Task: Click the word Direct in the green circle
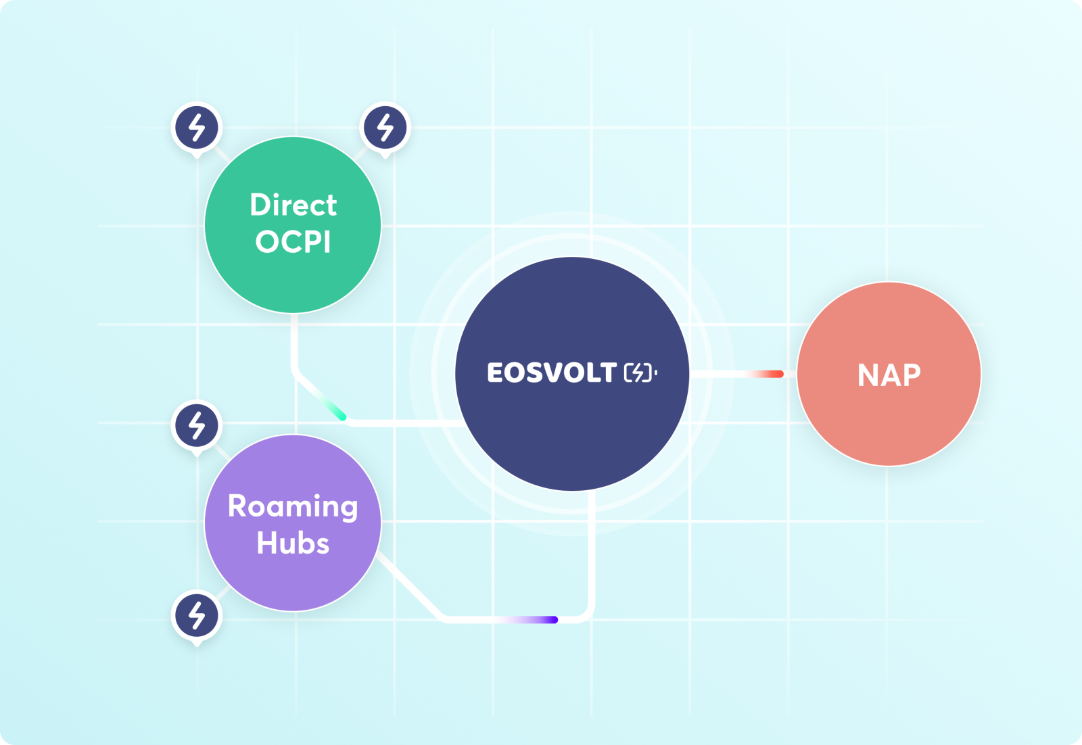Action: coord(293,205)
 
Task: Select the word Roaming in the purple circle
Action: coord(293,507)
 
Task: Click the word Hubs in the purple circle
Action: coord(293,543)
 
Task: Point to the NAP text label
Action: coord(889,375)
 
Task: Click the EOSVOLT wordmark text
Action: coord(552,372)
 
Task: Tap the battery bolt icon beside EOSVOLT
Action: coord(640,372)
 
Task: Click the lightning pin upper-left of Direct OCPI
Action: coord(197,128)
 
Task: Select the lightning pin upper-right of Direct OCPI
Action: coord(385,128)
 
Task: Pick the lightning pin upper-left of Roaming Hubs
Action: coord(197,426)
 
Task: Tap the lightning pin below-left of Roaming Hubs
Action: coord(197,616)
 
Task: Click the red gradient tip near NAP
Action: coord(768,374)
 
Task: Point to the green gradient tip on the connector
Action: coord(334,408)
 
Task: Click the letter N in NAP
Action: coord(868,375)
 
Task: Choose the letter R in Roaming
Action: coord(237,506)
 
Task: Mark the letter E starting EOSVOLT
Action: coord(496,372)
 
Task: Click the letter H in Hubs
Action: coord(266,543)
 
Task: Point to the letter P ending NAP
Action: coord(912,375)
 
